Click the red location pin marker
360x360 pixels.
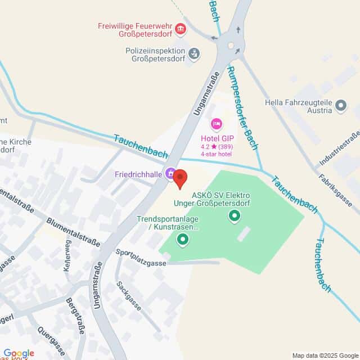[x=179, y=178]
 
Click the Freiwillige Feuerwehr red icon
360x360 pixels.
[x=180, y=28]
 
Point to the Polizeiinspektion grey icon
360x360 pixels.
[x=194, y=53]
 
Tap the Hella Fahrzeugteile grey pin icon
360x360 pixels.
[x=340, y=104]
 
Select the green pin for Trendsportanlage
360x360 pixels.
[x=182, y=241]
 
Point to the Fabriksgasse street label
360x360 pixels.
[x=339, y=190]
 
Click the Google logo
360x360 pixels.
[x=19, y=353]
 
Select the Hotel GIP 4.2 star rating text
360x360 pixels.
[x=217, y=147]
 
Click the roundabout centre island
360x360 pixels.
[x=230, y=46]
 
